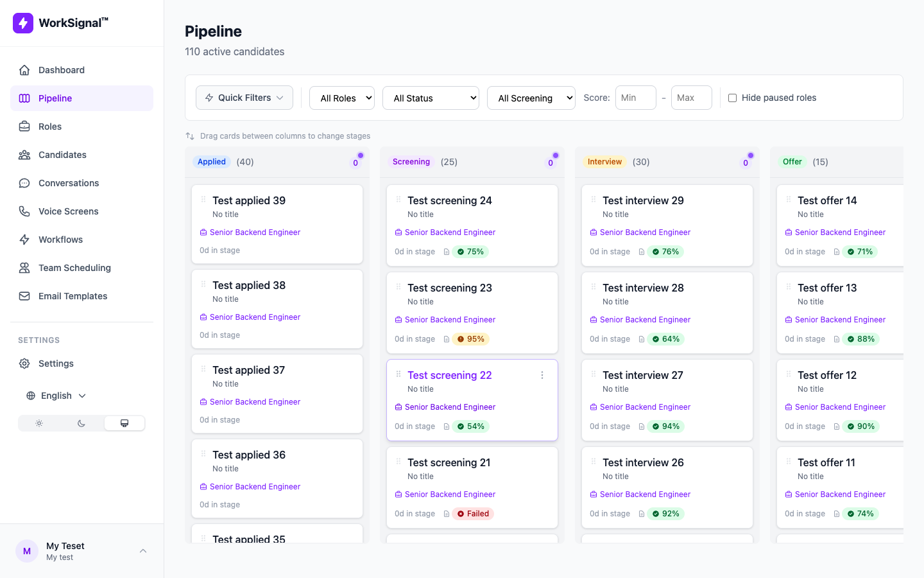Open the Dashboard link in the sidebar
[x=61, y=70]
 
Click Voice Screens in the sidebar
[x=68, y=211]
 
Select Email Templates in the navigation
[x=73, y=296]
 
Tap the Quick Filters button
[x=244, y=98]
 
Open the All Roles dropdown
[x=342, y=98]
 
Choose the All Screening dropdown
[x=531, y=98]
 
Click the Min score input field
[x=635, y=98]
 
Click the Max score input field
[x=691, y=98]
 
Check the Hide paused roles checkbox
[x=732, y=98]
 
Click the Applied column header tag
[x=212, y=162]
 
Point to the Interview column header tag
[x=604, y=162]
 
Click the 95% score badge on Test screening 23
[x=471, y=339]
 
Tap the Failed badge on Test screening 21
[x=474, y=514]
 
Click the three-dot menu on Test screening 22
[x=542, y=375]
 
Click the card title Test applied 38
[x=249, y=285]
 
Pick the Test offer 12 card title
[x=827, y=375]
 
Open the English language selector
[x=56, y=396]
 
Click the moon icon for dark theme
[x=81, y=423]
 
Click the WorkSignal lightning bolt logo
[x=23, y=23]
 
